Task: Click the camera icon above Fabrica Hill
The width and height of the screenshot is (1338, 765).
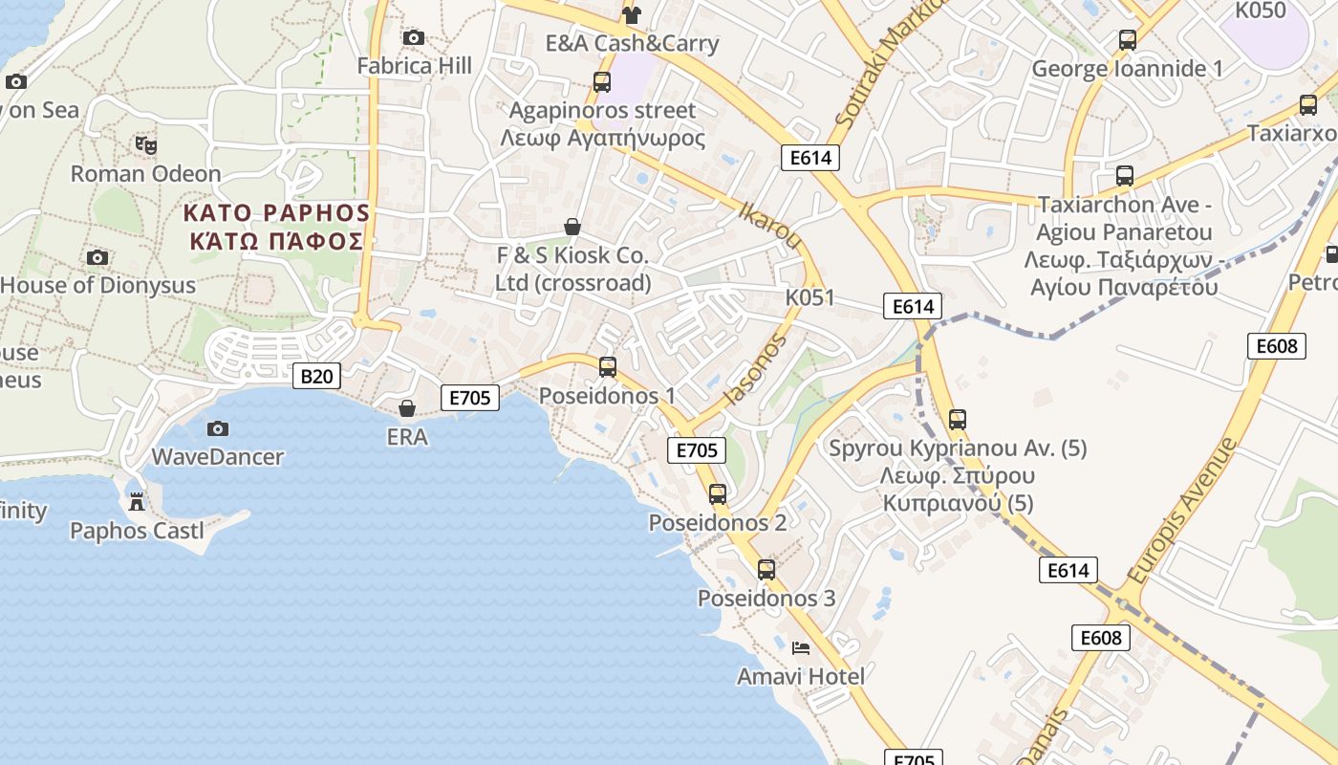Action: pyautogui.click(x=414, y=37)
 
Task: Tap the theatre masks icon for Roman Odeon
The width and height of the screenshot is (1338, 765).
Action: pyautogui.click(x=145, y=145)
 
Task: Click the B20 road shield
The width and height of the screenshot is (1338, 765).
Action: pyautogui.click(x=316, y=376)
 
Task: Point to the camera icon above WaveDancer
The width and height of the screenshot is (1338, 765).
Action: pyautogui.click(x=218, y=428)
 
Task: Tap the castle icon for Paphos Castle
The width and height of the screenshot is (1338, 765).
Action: pyautogui.click(x=137, y=501)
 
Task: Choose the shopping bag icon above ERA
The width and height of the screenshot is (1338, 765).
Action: pyautogui.click(x=407, y=408)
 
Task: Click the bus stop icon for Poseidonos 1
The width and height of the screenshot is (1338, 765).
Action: pyautogui.click(x=607, y=366)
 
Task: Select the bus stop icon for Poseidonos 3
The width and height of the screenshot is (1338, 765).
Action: pyautogui.click(x=766, y=570)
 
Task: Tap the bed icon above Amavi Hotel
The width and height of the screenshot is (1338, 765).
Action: pyautogui.click(x=801, y=647)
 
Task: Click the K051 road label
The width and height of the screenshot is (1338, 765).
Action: pyautogui.click(x=809, y=297)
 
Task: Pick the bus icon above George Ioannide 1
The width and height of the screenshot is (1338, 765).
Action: pyautogui.click(x=1128, y=40)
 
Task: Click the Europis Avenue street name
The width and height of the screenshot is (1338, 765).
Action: pyautogui.click(x=1181, y=512)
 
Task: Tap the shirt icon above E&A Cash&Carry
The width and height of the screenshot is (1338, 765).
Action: pyautogui.click(x=631, y=14)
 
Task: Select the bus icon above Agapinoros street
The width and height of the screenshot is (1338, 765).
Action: pyautogui.click(x=602, y=82)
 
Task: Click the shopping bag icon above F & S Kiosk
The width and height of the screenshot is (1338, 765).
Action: pyautogui.click(x=572, y=227)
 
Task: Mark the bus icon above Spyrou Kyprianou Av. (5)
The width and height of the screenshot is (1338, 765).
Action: pyautogui.click(x=957, y=419)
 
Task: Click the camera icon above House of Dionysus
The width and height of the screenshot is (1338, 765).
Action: pyautogui.click(x=97, y=257)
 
